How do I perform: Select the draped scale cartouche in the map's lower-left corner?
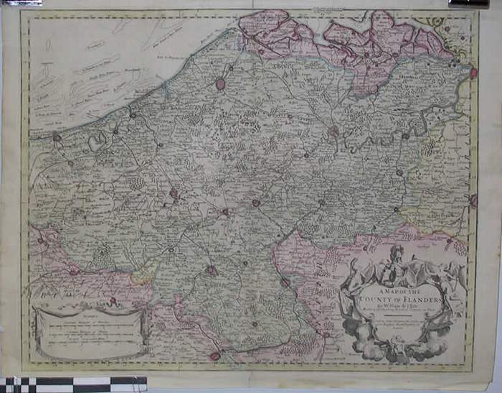click(90, 331)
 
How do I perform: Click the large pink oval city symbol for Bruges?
click(220, 84)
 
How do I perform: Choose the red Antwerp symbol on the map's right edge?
click(473, 73)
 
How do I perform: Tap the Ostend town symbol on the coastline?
click(132, 113)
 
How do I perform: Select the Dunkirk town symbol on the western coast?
click(56, 137)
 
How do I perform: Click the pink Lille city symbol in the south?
click(212, 271)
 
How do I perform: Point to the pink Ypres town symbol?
click(173, 193)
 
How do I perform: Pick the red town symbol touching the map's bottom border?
click(214, 355)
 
